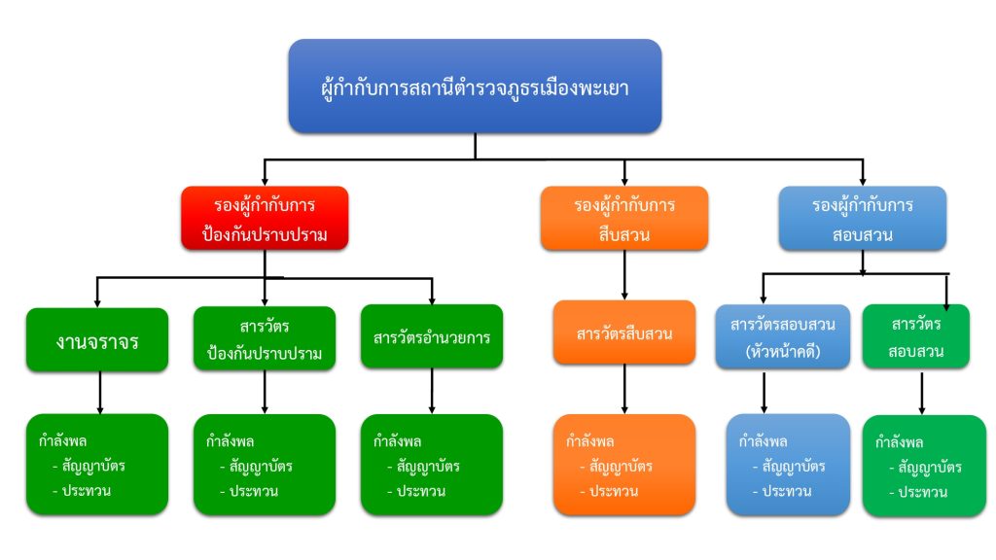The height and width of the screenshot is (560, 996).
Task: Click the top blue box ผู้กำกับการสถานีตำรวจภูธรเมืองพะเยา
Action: [x=475, y=87]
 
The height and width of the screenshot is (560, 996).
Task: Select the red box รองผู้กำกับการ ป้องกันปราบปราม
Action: [x=264, y=220]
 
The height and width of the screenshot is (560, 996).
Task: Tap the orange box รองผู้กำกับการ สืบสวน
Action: [x=623, y=220]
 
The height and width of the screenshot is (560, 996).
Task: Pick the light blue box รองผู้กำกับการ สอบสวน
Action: [x=862, y=220]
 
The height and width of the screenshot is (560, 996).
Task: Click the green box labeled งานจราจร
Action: [x=97, y=339]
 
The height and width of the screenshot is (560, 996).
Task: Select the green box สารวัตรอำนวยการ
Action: [x=431, y=338]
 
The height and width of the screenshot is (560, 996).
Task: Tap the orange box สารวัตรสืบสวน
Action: [x=623, y=333]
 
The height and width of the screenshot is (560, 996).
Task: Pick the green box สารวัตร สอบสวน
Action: [x=915, y=336]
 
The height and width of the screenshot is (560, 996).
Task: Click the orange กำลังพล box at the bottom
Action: [x=623, y=465]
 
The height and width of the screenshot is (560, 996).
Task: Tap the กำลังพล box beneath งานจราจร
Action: [x=97, y=465]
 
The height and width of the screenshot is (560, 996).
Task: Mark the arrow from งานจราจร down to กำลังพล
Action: [x=99, y=393]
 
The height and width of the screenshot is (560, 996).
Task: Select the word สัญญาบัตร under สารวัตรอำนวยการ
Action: [x=428, y=466]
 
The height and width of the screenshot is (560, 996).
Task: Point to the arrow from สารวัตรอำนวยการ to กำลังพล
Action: [x=432, y=393]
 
